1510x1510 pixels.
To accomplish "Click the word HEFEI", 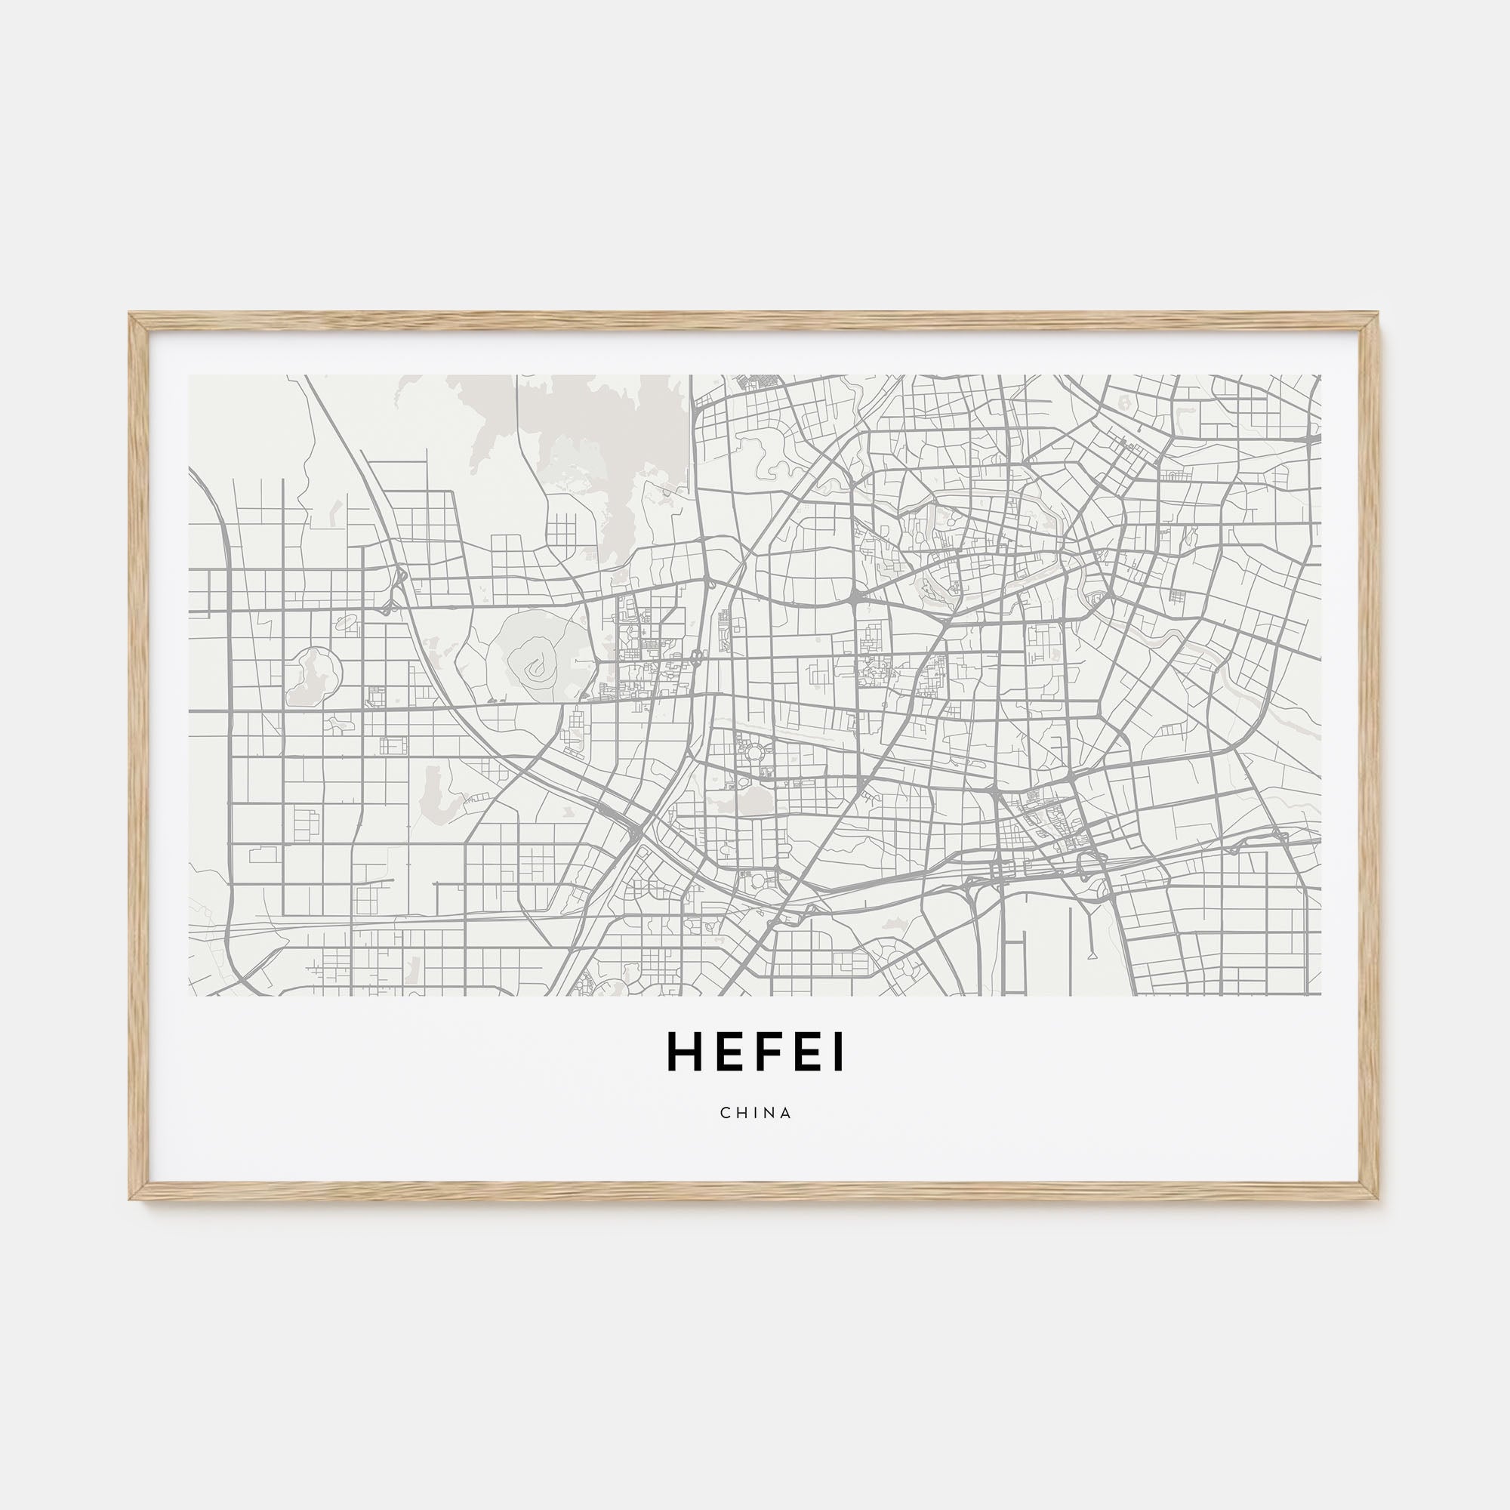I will [x=755, y=1053].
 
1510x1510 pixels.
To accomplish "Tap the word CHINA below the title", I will [x=756, y=1113].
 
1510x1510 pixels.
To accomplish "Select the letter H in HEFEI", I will [x=683, y=1053].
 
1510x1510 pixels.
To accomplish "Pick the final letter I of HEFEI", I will [x=839, y=1053].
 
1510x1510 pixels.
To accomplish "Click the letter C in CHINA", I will [x=726, y=1113].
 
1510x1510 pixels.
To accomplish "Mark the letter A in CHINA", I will [x=786, y=1113].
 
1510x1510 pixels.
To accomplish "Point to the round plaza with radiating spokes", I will [x=756, y=754].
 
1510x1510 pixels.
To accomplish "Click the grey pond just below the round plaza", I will [x=754, y=800].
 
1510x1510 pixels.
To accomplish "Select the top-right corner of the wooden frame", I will [x=1378, y=316].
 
